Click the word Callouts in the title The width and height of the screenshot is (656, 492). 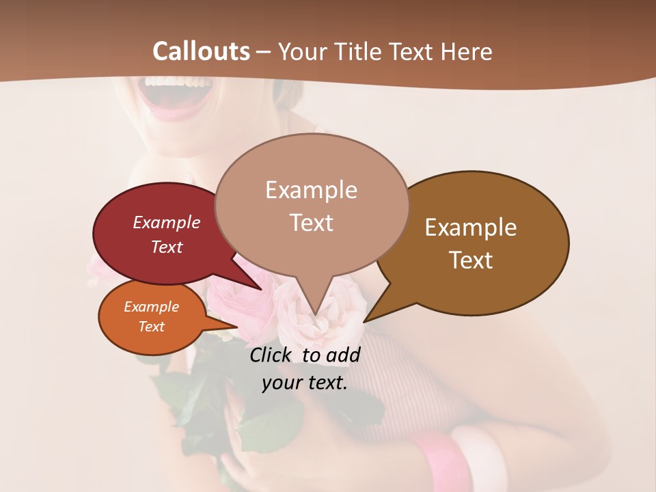click(x=202, y=51)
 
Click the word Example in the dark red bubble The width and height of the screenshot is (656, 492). click(x=167, y=222)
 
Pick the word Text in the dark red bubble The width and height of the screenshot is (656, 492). click(x=167, y=247)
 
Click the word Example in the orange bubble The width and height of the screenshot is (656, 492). click(x=151, y=307)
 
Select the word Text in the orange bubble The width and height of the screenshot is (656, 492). click(x=151, y=327)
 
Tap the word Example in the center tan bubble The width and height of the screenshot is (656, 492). click(x=311, y=190)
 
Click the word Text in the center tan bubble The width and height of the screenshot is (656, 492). click(x=311, y=223)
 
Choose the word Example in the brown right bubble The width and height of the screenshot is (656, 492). click(x=471, y=228)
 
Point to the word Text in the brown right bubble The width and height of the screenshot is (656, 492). click(x=471, y=260)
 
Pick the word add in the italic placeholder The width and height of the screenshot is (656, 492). click(x=343, y=355)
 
